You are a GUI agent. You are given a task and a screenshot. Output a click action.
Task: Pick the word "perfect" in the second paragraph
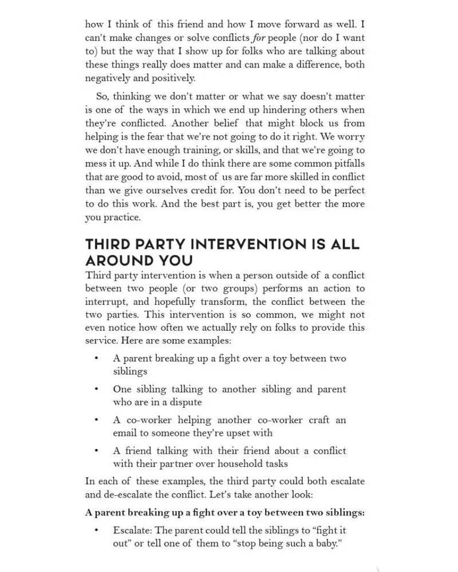pyautogui.click(x=346, y=190)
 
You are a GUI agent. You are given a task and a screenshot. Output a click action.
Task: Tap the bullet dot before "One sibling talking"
pyautogui.click(x=97, y=389)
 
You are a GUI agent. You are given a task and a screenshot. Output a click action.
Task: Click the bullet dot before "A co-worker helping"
pyautogui.click(x=97, y=420)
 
